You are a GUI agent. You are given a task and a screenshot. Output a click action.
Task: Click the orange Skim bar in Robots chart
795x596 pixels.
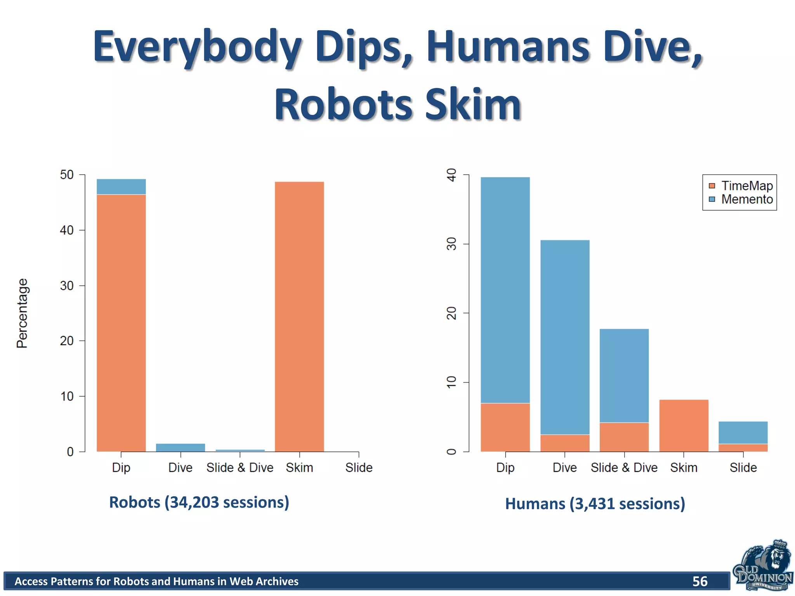click(x=299, y=316)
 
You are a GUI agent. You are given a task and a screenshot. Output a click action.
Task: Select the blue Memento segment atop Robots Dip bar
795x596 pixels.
click(x=121, y=187)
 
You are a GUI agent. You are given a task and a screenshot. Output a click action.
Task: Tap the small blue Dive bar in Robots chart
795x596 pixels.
click(x=181, y=447)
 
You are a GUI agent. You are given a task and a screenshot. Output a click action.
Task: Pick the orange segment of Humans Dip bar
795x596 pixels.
click(x=505, y=427)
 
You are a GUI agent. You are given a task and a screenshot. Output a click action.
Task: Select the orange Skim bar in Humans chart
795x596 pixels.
click(x=684, y=425)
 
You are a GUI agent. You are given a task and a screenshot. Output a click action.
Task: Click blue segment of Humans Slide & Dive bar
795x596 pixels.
click(x=624, y=375)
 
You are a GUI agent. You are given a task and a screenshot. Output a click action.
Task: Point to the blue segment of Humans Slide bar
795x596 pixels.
click(x=743, y=432)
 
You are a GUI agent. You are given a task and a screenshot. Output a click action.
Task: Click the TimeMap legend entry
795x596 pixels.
click(x=741, y=186)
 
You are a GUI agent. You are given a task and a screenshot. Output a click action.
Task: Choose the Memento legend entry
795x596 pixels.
click(x=741, y=199)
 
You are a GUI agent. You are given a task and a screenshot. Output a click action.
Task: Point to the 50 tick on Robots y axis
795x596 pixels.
click(x=67, y=175)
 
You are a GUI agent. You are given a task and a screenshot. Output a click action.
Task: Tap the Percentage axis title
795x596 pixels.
click(x=22, y=313)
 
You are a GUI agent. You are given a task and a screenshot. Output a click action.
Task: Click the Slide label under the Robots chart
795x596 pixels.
click(x=359, y=468)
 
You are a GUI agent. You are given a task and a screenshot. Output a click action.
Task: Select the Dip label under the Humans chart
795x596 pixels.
click(x=505, y=468)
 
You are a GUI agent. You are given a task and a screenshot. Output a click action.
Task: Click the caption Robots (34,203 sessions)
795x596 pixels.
click(x=199, y=502)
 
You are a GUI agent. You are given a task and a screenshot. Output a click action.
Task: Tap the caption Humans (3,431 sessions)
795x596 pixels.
click(x=595, y=504)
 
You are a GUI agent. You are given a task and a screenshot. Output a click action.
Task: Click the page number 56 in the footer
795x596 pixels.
click(x=700, y=581)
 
